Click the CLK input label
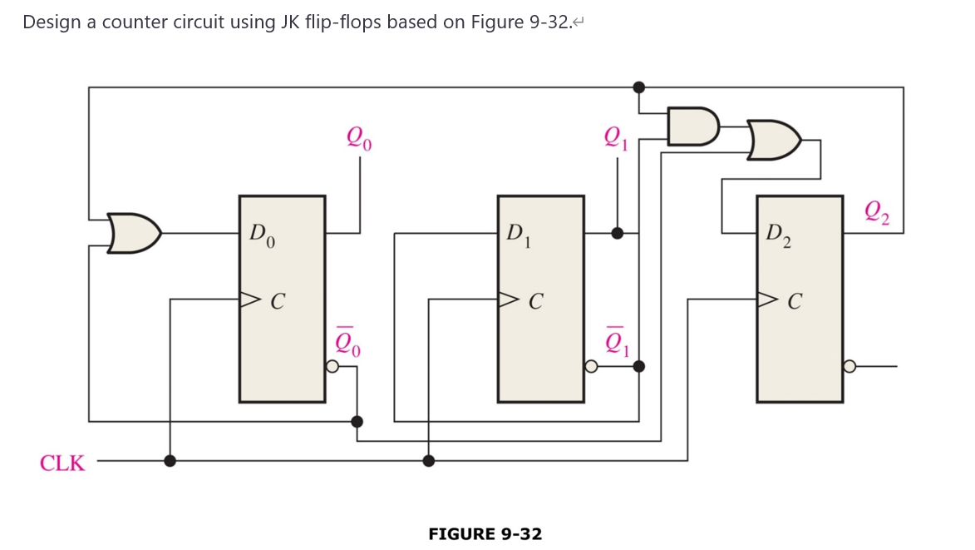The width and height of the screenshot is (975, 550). coord(62,463)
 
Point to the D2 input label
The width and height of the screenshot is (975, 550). coord(779,235)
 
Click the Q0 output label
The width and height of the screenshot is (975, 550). coord(359,137)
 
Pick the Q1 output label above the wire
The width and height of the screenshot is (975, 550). coord(616,137)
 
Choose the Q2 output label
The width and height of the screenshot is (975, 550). coord(877,213)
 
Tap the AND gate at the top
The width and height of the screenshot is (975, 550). coord(692,126)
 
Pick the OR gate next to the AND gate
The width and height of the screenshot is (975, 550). coord(774,140)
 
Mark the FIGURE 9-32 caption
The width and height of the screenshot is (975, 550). coord(485,534)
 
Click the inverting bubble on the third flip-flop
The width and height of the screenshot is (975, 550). coord(849,366)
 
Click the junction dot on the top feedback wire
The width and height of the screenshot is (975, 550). coord(638,87)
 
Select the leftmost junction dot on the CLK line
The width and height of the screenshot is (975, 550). coord(170,460)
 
